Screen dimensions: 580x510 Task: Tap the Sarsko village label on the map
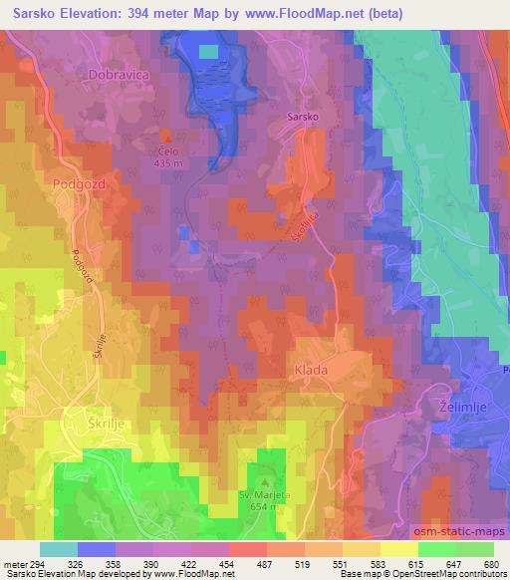point(303,117)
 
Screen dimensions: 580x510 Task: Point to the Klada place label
point(311,370)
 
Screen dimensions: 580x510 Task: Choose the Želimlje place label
point(467,409)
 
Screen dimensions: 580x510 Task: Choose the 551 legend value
point(340,564)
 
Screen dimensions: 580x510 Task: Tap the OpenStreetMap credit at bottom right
point(465,574)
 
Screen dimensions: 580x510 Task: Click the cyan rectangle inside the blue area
point(208,52)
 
